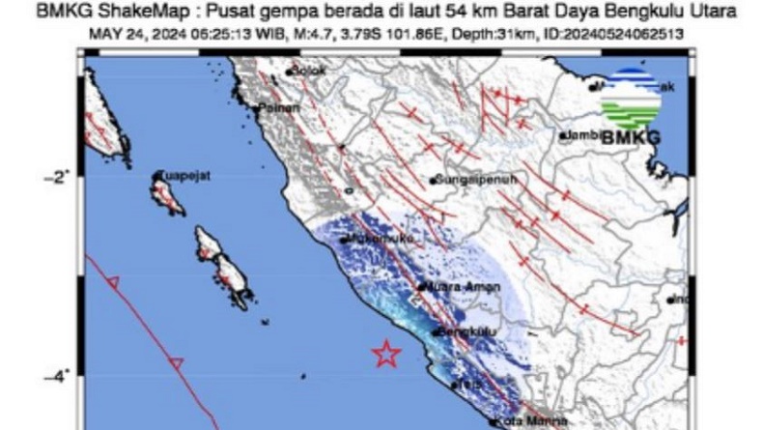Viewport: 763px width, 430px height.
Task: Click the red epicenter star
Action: pyautogui.click(x=386, y=354)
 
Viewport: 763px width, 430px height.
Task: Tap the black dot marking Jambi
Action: pyautogui.click(x=562, y=136)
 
